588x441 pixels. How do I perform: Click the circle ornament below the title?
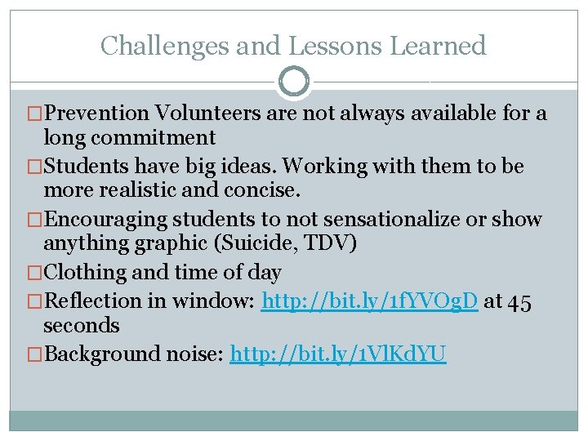tap(293, 82)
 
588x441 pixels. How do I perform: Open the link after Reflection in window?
tap(369, 301)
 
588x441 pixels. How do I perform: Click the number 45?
tap(519, 301)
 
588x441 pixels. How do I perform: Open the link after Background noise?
tap(338, 354)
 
